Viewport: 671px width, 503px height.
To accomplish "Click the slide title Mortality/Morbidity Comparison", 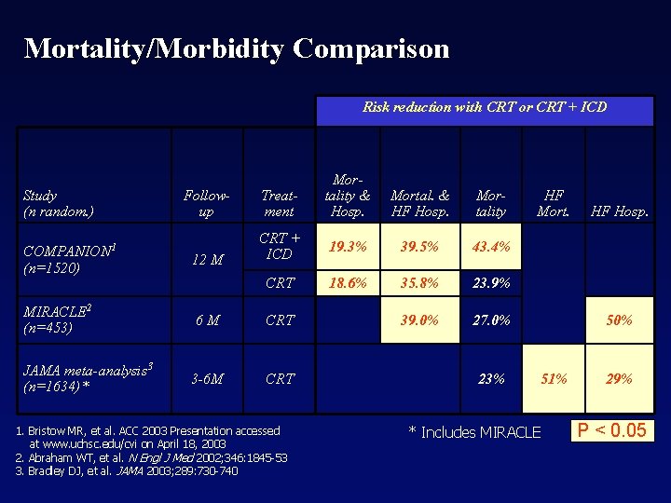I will click(237, 48).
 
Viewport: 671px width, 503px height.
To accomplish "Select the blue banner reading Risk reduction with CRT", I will click(484, 107).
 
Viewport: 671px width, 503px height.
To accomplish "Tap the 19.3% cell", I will click(347, 248).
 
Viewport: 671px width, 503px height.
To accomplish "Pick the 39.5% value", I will click(418, 248).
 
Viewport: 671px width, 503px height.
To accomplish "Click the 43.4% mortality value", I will click(491, 248).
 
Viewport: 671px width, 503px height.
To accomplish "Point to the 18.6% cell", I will click(347, 282).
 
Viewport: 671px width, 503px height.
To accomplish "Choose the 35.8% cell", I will click(418, 282).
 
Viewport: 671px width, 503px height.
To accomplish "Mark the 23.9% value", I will click(491, 282).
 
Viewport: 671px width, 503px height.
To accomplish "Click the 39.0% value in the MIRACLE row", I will click(418, 319).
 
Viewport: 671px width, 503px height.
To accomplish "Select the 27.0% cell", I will click(491, 319).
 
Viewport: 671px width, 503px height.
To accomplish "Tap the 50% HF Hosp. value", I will click(619, 319).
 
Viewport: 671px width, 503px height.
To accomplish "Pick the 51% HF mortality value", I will click(554, 378).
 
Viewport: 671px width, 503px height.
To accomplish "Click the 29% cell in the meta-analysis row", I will click(619, 378).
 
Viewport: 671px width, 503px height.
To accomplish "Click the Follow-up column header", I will click(206, 203).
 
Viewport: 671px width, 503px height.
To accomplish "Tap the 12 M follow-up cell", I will click(206, 260).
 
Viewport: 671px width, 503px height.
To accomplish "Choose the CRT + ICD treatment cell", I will click(279, 246).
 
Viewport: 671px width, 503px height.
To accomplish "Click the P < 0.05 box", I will click(611, 430).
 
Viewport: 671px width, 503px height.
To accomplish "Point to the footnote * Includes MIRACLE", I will click(474, 432).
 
